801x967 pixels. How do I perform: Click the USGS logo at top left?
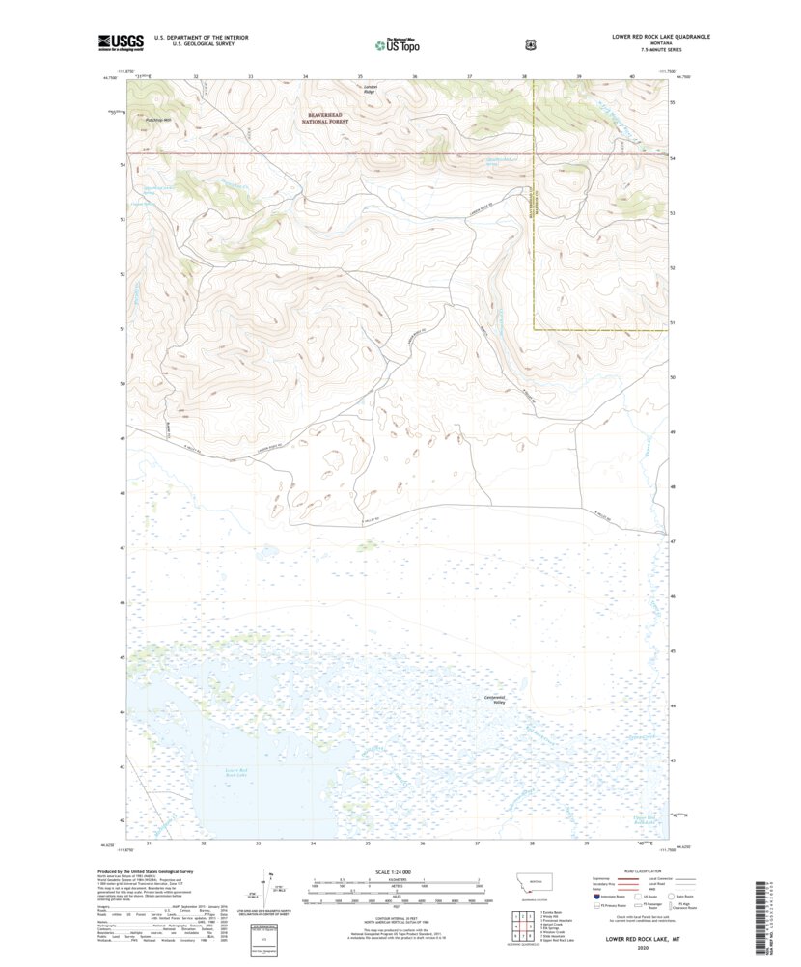[121, 41]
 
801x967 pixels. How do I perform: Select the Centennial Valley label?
[493, 700]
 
